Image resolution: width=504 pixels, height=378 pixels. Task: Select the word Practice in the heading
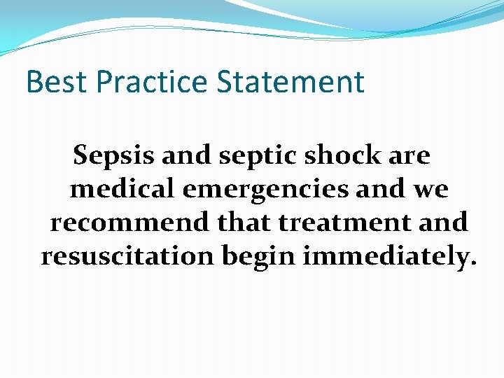(152, 82)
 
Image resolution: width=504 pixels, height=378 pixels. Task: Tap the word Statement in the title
(290, 82)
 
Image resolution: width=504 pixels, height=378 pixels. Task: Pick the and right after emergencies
(386, 189)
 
